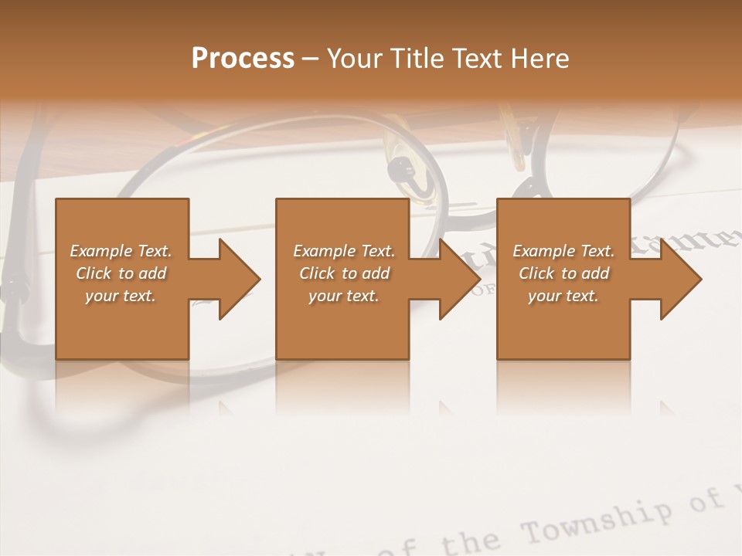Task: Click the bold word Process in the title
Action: (243, 59)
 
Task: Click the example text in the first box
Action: (121, 273)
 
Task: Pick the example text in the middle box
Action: (343, 273)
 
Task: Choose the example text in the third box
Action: (563, 273)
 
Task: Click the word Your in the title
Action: (352, 59)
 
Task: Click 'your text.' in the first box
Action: (121, 295)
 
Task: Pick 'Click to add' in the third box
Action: (563, 273)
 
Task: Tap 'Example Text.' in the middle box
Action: (343, 250)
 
